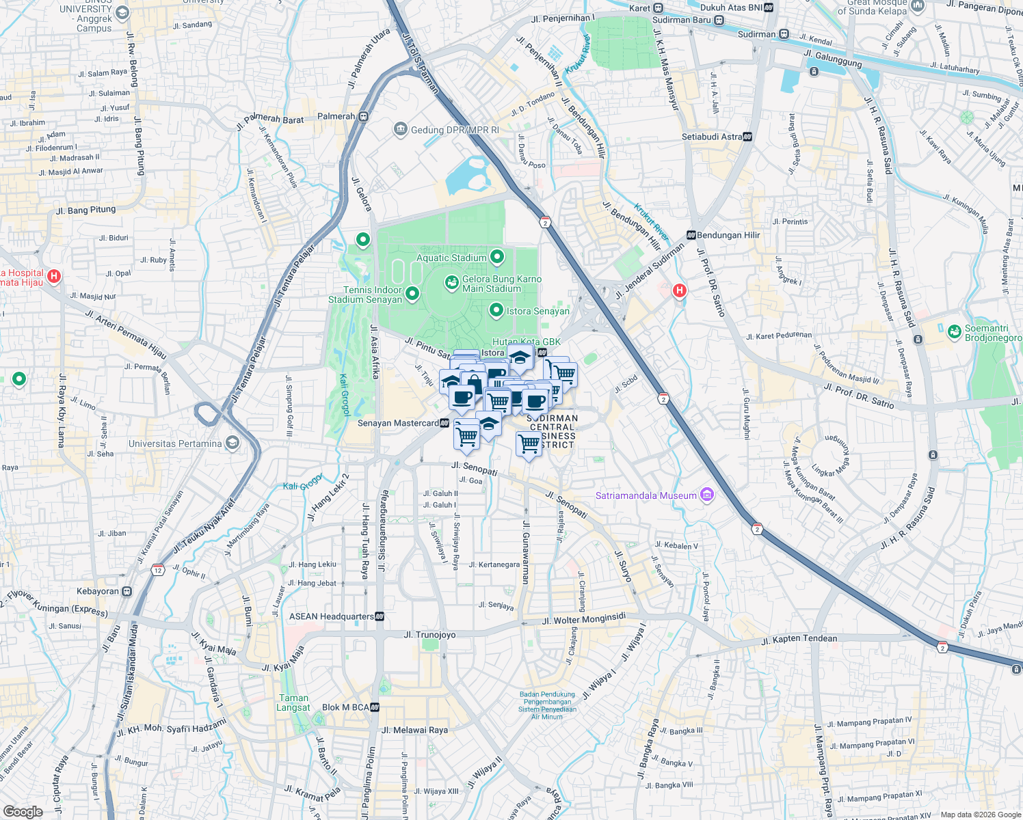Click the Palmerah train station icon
[x=363, y=116]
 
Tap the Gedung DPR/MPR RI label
[x=454, y=130]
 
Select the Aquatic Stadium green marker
[x=497, y=258]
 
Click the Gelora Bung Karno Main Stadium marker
[x=451, y=282]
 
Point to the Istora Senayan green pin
[x=496, y=311]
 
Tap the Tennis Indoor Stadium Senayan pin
[x=412, y=294]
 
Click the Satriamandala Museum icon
[x=707, y=495]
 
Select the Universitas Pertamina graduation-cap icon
[x=232, y=443]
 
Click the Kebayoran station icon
[x=127, y=591]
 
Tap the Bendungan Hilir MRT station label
[x=728, y=235]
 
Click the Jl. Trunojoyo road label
[x=429, y=635]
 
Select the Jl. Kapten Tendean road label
[x=799, y=640]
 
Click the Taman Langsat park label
[x=293, y=702]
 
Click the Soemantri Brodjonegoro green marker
[x=954, y=332]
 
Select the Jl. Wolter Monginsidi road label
[x=583, y=619]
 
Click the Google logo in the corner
[x=23, y=811]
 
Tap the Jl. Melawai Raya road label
[x=414, y=730]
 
